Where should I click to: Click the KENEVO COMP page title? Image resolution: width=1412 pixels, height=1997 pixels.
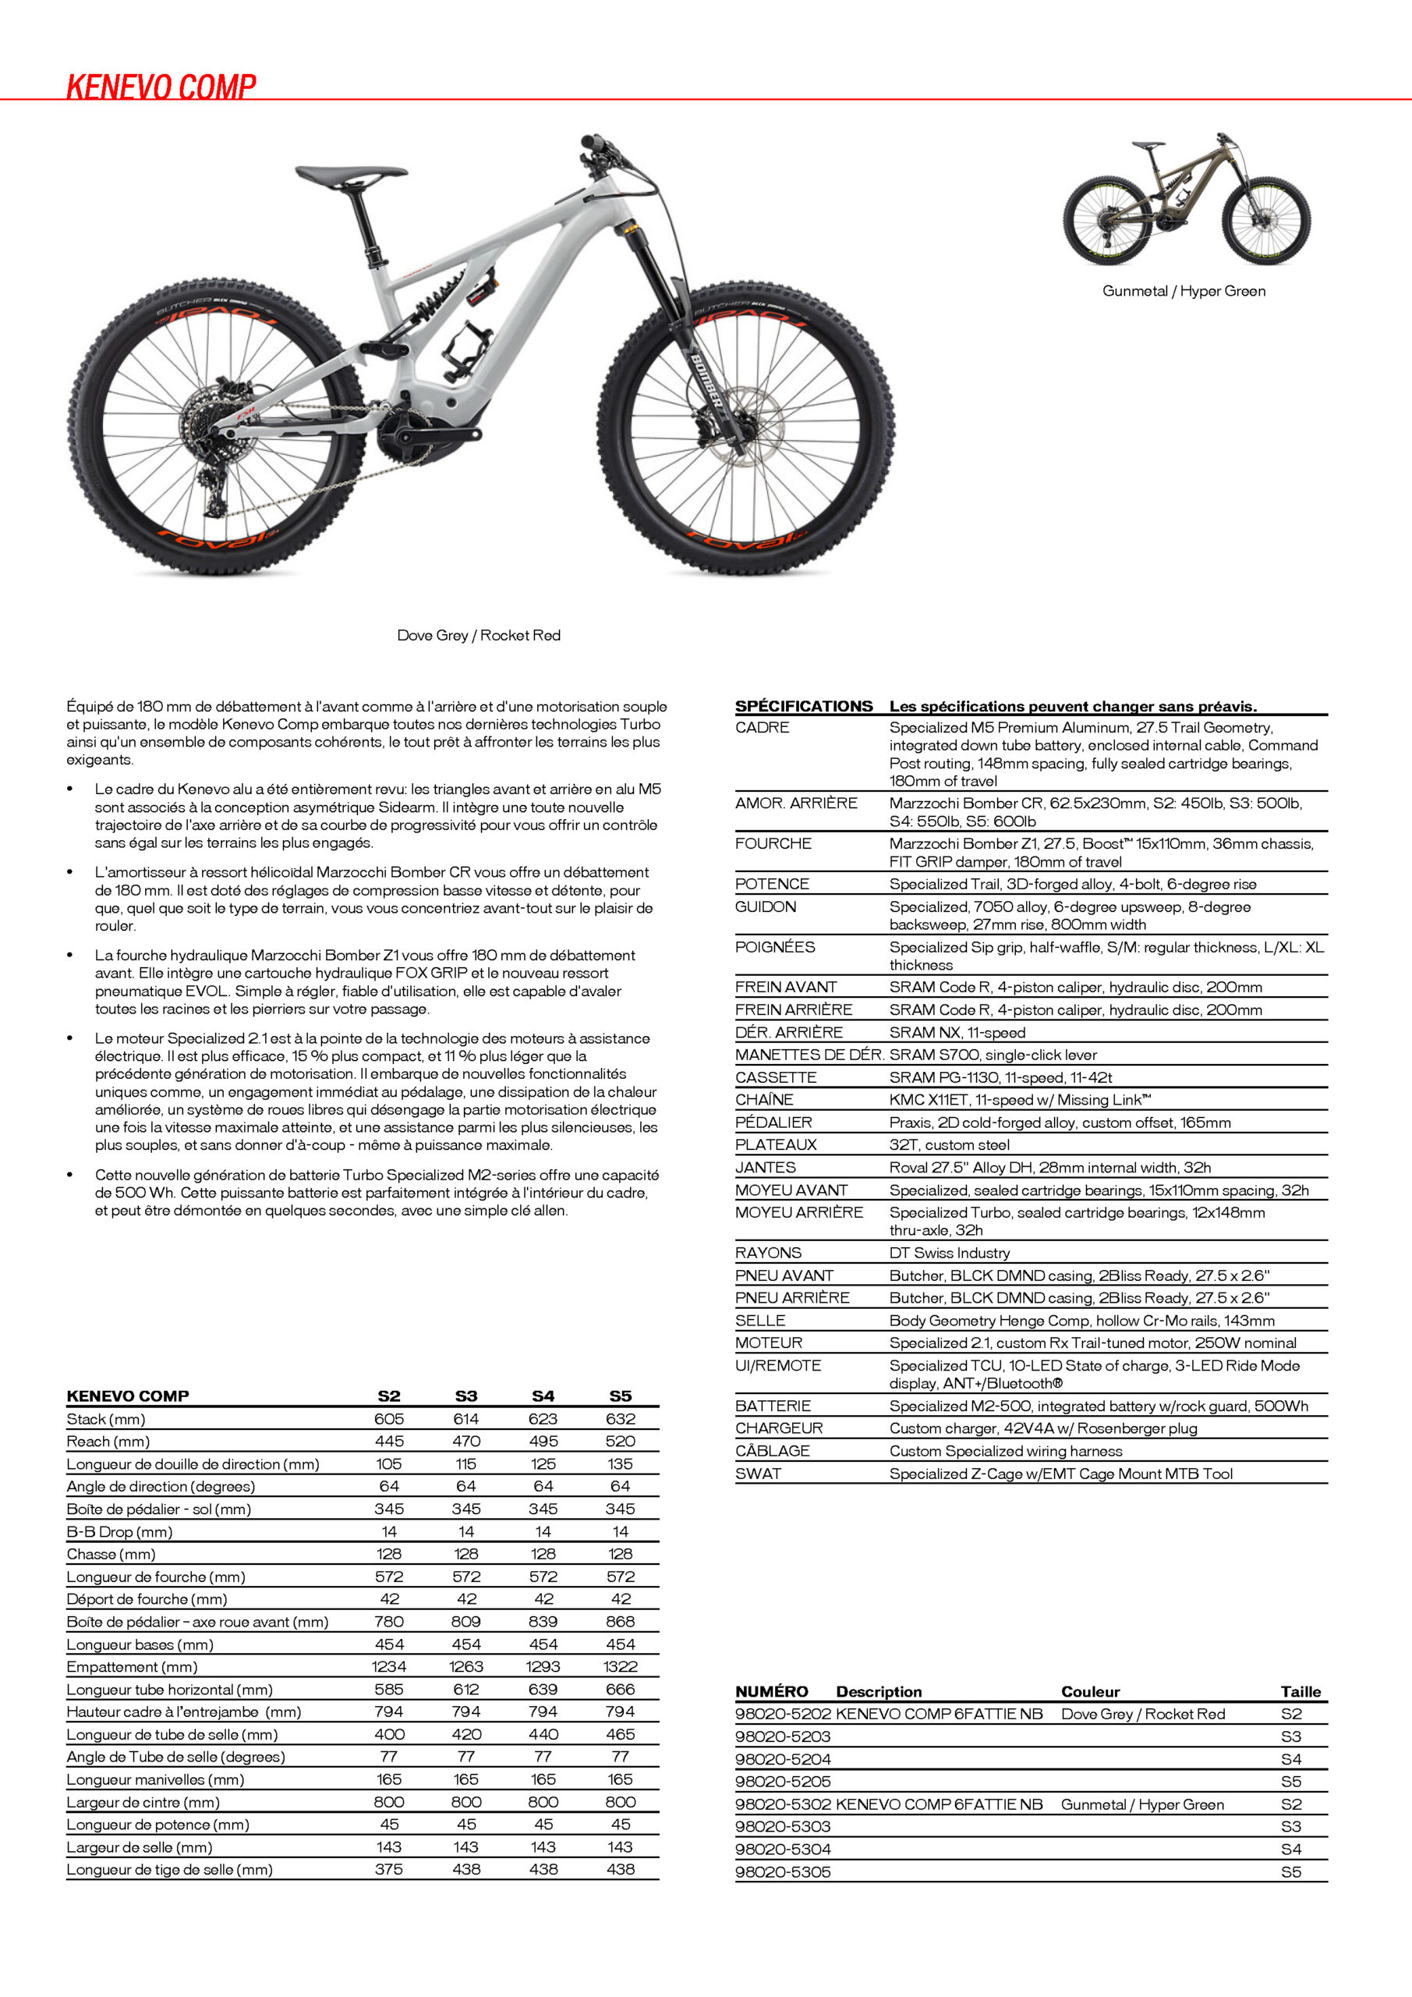point(161,87)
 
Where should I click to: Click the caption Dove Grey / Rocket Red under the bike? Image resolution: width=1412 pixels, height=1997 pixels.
point(478,635)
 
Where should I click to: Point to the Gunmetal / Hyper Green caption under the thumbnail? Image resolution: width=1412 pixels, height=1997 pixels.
point(1184,290)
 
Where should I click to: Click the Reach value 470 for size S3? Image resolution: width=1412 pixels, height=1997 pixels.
point(466,1442)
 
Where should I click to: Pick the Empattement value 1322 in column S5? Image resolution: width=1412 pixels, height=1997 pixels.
point(620,1666)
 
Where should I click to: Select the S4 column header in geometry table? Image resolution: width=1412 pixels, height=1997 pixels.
point(543,1396)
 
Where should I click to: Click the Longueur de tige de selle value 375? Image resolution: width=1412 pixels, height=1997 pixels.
point(388,1869)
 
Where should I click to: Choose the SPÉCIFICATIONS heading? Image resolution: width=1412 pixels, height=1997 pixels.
point(803,706)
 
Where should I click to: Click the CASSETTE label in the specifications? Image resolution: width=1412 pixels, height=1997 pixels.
point(776,1077)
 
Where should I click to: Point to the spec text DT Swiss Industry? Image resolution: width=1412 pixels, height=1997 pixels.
point(950,1253)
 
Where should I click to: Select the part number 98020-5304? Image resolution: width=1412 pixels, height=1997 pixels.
point(783,1849)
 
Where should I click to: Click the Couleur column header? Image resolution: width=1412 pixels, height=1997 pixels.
point(1089,1692)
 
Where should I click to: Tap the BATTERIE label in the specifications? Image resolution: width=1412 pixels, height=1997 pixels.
point(773,1406)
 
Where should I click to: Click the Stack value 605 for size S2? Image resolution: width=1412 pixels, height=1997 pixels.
point(388,1419)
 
